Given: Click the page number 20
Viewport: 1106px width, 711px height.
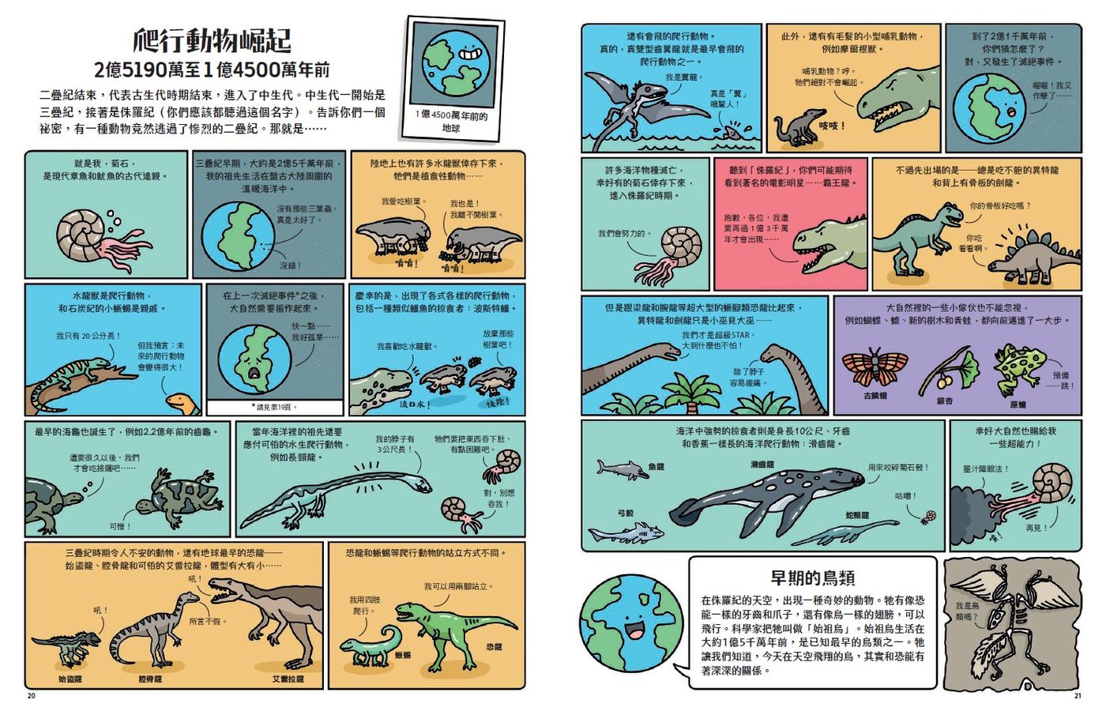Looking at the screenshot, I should [31, 696].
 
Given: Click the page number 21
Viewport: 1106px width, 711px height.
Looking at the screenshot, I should [1077, 696].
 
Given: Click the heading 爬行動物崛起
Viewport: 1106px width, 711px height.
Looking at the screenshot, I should [212, 40].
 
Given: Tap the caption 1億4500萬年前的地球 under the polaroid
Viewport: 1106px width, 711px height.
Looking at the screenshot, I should [451, 122].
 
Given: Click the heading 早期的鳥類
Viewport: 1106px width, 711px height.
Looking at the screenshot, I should [813, 577].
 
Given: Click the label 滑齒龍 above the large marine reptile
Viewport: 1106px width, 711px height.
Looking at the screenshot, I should [762, 465].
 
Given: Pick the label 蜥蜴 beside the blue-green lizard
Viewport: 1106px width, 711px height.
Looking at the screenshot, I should [403, 655].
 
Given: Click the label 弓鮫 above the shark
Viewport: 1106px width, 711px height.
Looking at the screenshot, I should [625, 513].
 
